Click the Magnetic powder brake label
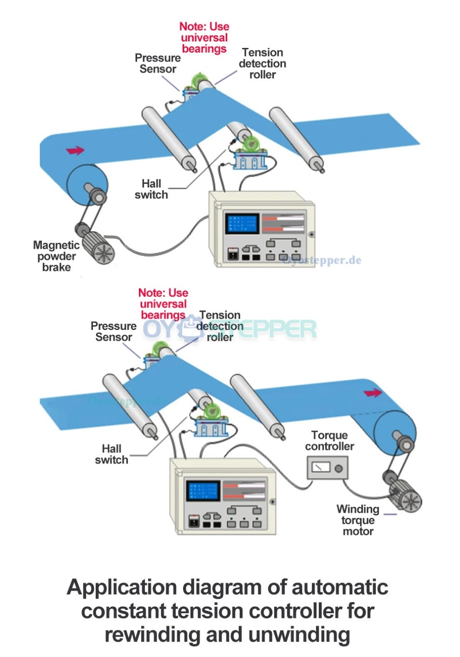pos(56,256)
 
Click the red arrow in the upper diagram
pos(75,150)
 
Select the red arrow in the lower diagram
pos(372,393)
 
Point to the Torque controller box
pos(327,468)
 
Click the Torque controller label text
pos(329,441)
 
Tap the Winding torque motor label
pos(358,520)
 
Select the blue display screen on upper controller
pos(242,224)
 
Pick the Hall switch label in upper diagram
pos(151,189)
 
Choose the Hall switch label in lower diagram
pos(112,455)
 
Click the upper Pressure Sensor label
pos(158,63)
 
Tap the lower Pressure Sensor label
pos(113,331)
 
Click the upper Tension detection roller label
pos(263,63)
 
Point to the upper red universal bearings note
pos(204,38)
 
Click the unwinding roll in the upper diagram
pos(87,185)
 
